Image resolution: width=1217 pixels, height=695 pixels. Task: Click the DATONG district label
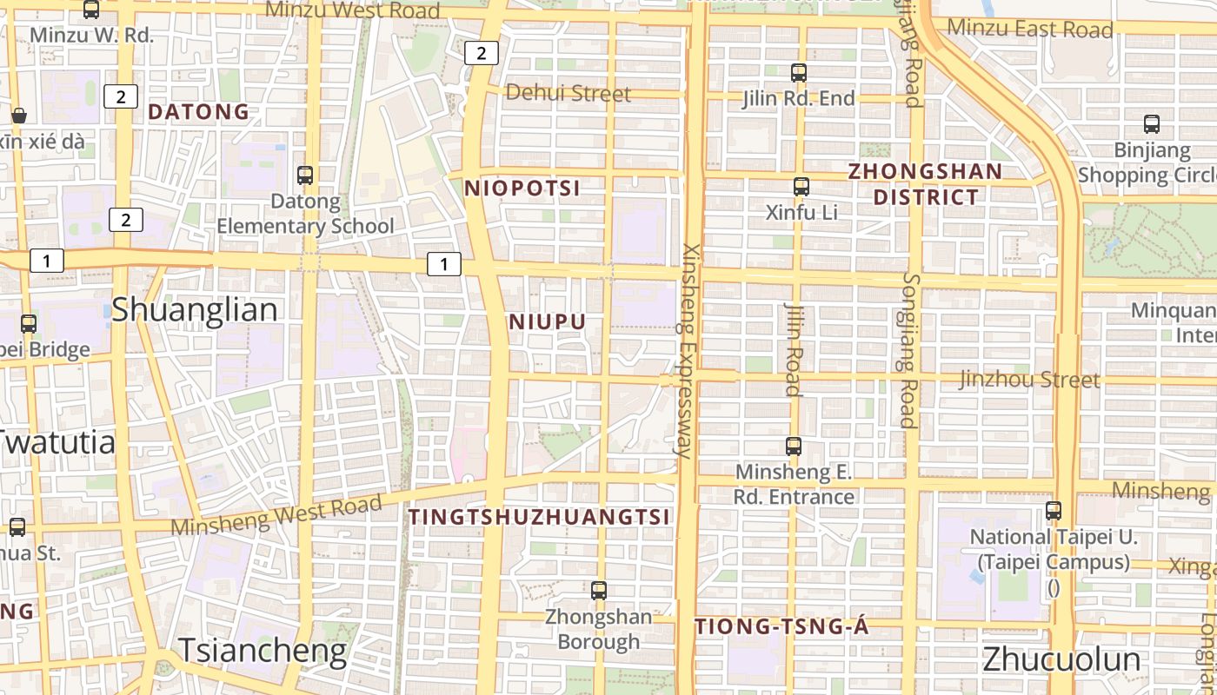click(198, 112)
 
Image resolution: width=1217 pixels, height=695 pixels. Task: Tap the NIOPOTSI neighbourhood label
click(522, 189)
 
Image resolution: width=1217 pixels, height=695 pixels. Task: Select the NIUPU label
click(548, 322)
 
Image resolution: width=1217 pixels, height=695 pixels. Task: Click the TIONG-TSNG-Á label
click(781, 626)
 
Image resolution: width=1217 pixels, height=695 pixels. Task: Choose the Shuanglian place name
click(195, 310)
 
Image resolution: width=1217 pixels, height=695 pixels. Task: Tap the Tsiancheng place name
click(263, 650)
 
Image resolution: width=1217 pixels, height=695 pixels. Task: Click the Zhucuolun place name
click(1061, 659)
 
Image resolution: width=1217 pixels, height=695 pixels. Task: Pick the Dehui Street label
click(568, 93)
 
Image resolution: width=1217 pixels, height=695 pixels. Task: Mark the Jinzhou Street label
click(1029, 380)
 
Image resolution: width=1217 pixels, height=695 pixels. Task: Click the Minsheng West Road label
click(276, 514)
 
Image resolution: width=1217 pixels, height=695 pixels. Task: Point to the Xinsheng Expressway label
click(688, 350)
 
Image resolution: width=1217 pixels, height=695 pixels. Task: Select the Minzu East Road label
click(1029, 29)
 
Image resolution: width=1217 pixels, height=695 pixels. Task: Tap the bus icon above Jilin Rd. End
click(799, 73)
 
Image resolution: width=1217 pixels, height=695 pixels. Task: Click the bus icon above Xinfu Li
click(801, 186)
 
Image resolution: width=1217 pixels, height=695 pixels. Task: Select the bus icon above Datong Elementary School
click(305, 175)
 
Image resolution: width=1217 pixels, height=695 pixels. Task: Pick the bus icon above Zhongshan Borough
click(598, 591)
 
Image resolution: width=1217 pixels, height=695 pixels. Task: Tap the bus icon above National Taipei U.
click(1054, 511)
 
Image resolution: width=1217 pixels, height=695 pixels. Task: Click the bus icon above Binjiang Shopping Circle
click(1152, 124)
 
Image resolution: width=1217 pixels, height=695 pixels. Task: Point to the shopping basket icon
click(19, 116)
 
